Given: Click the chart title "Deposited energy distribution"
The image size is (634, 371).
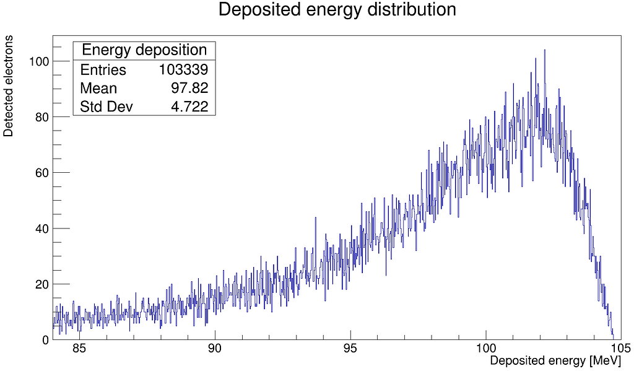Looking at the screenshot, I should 337,11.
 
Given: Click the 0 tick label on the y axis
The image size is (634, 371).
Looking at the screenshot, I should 45,340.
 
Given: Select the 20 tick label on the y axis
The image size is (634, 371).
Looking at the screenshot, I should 41,284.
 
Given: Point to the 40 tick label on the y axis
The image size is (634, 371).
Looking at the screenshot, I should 41,229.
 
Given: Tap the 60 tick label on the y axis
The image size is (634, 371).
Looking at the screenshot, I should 41,173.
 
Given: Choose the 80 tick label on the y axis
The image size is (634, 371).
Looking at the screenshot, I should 41,117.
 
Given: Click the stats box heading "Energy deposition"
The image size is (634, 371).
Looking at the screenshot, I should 144,50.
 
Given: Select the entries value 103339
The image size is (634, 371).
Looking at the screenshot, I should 183,70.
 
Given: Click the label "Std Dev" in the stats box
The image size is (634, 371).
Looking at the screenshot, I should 106,107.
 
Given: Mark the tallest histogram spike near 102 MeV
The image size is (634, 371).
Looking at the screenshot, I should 544,51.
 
